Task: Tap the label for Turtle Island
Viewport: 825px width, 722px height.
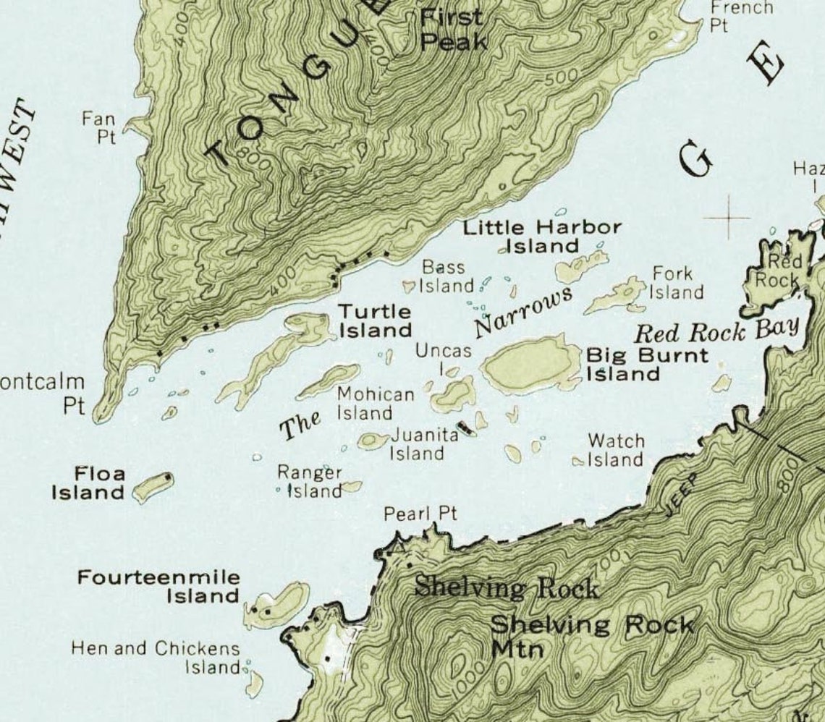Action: tap(375, 321)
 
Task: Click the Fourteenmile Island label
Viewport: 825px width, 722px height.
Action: tap(158, 587)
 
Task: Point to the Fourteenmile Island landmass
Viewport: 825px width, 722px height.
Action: tap(279, 604)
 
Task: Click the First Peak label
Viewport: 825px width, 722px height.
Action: tap(453, 29)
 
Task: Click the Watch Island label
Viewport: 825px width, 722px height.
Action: tap(614, 450)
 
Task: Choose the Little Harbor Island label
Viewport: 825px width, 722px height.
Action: tap(542, 237)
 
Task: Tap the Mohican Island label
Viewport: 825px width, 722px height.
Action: tap(375, 404)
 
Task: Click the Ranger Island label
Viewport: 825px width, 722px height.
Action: tap(310, 482)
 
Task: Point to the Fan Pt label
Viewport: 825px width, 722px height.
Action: tap(100, 127)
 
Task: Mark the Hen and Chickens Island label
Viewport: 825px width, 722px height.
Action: tap(156, 657)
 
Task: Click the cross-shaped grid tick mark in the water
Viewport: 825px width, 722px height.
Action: tap(728, 216)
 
